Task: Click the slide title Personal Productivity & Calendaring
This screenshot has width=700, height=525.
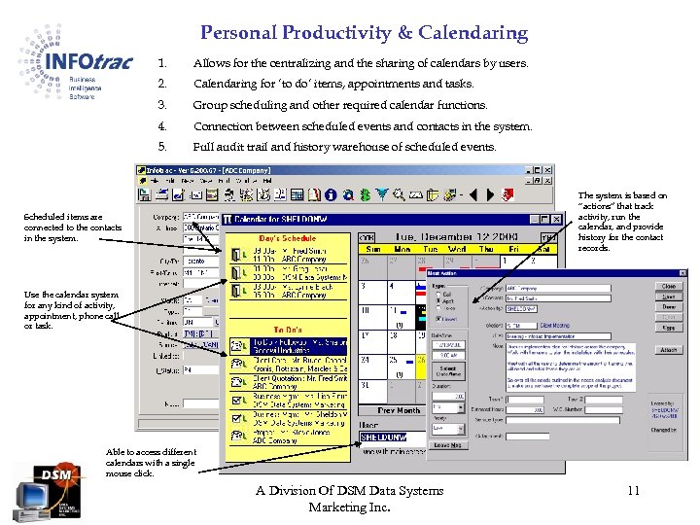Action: [x=364, y=33]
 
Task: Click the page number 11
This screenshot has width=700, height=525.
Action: [x=632, y=491]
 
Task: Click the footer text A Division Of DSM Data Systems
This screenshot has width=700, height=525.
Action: [x=349, y=491]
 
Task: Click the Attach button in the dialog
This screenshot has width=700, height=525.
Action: [x=668, y=350]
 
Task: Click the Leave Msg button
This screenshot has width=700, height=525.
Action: [x=447, y=444]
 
